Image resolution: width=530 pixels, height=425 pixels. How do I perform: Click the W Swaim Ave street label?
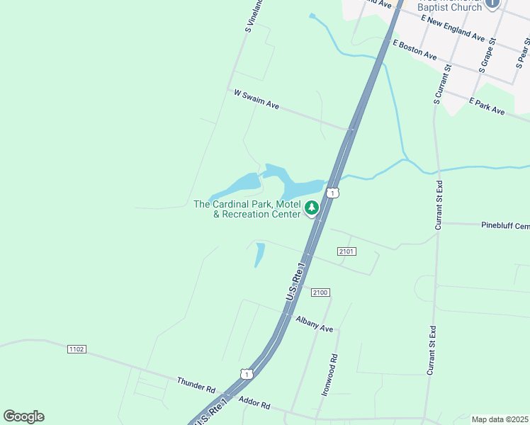tap(256, 99)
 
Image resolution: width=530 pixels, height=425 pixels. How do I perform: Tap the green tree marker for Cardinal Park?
tap(311, 208)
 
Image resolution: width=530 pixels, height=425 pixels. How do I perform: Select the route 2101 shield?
tap(346, 251)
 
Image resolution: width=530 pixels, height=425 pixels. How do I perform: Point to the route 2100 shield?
tap(320, 293)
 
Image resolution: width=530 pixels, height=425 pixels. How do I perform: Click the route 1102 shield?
tap(77, 349)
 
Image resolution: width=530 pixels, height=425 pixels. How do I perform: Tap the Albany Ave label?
tap(315, 324)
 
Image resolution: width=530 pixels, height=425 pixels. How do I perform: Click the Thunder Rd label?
tap(196, 385)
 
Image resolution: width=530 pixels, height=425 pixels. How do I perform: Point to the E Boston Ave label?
tap(415, 49)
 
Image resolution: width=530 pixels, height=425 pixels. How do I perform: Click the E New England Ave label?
tap(452, 28)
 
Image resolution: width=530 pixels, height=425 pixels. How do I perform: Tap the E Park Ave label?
tap(487, 106)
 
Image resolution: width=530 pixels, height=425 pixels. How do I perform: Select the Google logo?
tap(23, 416)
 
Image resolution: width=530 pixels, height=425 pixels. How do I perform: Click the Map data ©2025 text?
tap(500, 419)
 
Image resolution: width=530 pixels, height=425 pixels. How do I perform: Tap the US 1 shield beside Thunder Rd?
tap(246, 373)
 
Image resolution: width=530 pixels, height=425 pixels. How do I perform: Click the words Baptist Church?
tap(456, 7)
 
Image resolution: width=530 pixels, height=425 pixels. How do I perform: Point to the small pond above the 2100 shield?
tap(259, 254)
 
